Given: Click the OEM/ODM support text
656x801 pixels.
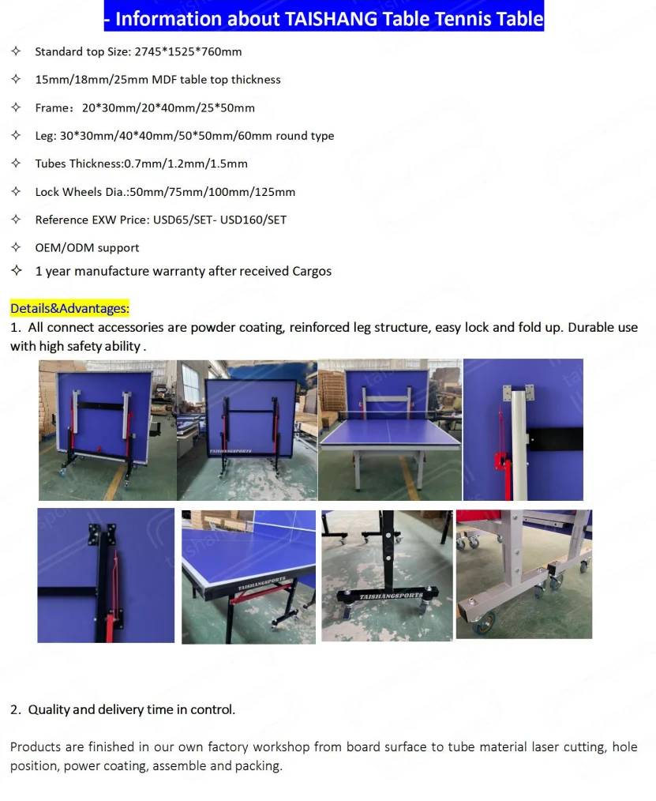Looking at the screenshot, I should (87, 248).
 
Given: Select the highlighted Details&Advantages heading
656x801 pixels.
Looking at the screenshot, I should (69, 308).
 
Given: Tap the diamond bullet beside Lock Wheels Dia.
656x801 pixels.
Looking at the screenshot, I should (16, 191).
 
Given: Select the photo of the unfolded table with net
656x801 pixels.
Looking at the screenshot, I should (389, 430).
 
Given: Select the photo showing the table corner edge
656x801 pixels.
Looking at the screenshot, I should (248, 577).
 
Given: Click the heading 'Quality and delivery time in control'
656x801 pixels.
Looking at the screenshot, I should (131, 709).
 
